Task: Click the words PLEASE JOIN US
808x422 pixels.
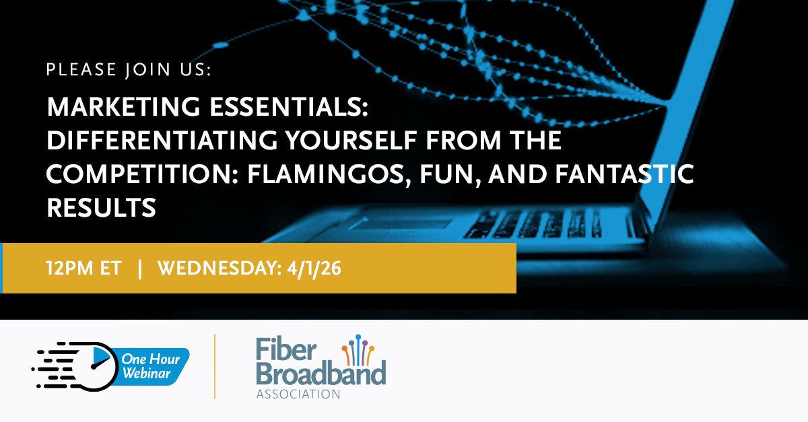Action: [x=129, y=71]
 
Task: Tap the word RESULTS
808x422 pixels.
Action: [x=101, y=208]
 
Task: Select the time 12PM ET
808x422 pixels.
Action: [x=84, y=269]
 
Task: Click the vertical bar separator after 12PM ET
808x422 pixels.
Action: [x=139, y=269]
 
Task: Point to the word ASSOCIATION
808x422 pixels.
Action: [x=298, y=393]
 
